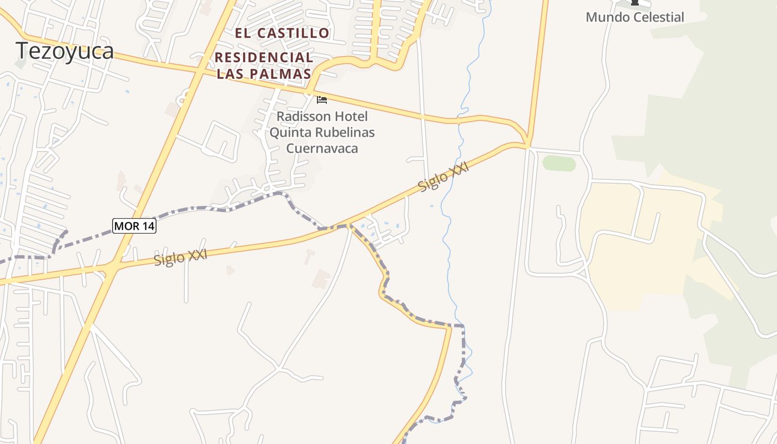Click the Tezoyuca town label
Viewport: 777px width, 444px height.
(x=65, y=51)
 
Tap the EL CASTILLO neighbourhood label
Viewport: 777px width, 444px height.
(x=282, y=33)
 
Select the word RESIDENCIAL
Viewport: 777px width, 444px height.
(x=264, y=57)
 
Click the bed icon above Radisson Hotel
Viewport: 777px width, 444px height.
(x=321, y=100)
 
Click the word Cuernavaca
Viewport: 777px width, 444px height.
(x=322, y=148)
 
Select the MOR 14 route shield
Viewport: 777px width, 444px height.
(x=134, y=226)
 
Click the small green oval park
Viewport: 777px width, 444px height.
(x=559, y=163)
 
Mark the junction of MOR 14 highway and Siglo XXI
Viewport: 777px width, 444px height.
(x=112, y=268)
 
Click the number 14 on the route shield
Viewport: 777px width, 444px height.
(x=146, y=226)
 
